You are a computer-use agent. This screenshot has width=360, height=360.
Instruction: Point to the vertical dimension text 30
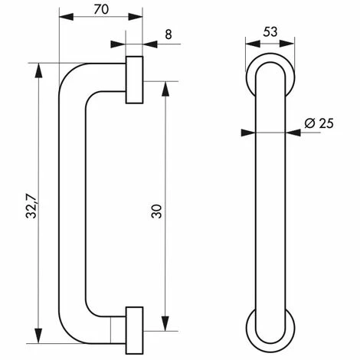[156, 211]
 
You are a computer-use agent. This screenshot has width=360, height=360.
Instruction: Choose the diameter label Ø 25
[316, 123]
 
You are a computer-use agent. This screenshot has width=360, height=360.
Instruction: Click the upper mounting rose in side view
[134, 79]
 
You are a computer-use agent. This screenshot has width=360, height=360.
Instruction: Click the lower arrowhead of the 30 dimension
[165, 326]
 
